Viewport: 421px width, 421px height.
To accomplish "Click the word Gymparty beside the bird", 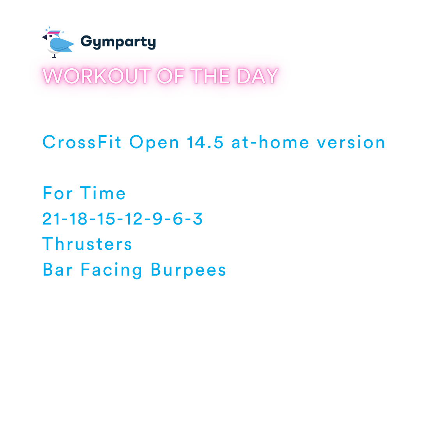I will pyautogui.click(x=118, y=42).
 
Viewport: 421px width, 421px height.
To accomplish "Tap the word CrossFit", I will pyautogui.click(x=83, y=142).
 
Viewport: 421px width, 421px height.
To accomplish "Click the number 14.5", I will pyautogui.click(x=205, y=142).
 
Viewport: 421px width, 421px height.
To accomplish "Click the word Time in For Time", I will pyautogui.click(x=103, y=193).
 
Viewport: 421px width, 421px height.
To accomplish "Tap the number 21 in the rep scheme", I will pyautogui.click(x=50, y=219).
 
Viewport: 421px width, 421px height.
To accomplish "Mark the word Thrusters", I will pyautogui.click(x=87, y=244).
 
